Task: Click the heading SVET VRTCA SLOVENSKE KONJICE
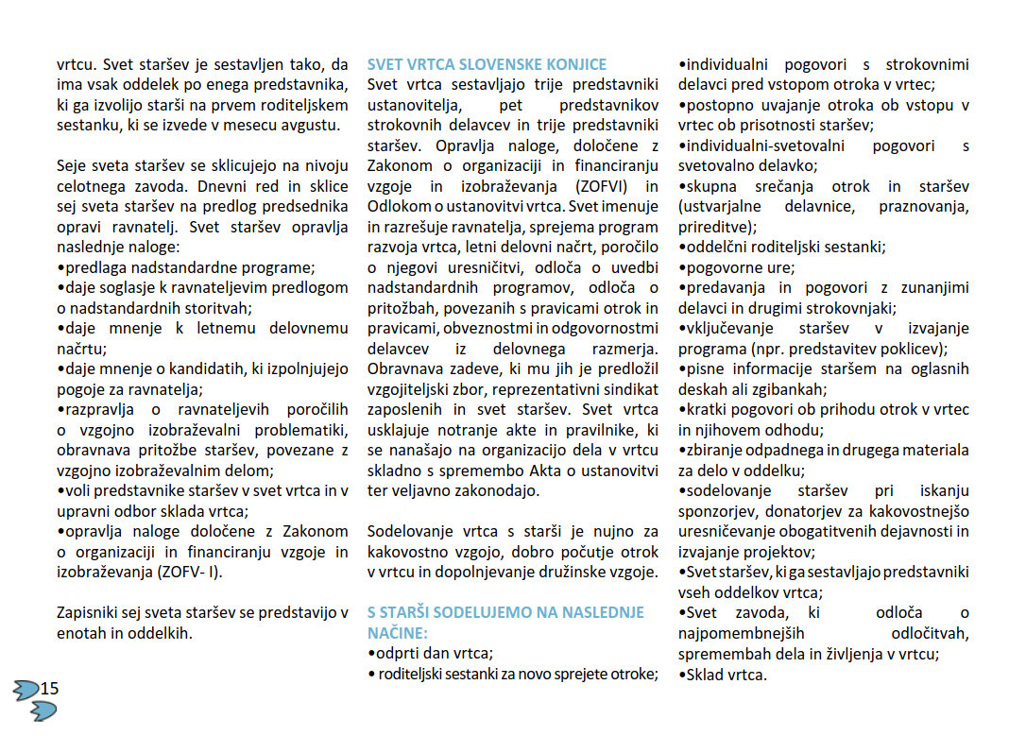tap(487, 65)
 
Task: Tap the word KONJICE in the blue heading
tap(574, 65)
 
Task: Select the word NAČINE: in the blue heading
tap(397, 632)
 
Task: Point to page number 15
tap(49, 688)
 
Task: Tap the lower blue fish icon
tap(43, 710)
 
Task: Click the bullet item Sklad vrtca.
tap(726, 675)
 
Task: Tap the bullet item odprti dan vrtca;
tap(434, 653)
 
